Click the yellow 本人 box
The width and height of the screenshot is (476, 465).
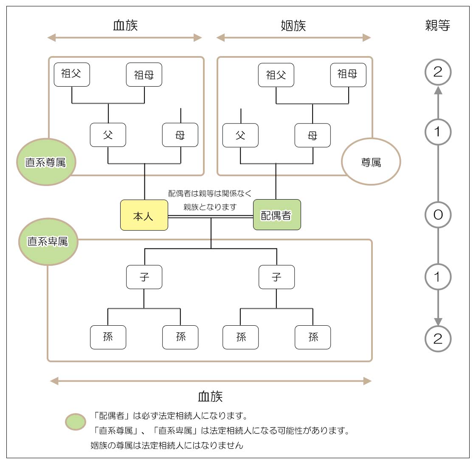(144, 215)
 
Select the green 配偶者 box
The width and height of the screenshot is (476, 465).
(277, 215)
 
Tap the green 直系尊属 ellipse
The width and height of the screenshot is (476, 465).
(46, 162)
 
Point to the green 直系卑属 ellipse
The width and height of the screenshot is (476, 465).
(48, 242)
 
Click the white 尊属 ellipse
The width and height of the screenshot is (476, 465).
(371, 162)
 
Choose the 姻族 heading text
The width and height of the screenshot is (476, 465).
(293, 25)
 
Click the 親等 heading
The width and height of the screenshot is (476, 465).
(437, 25)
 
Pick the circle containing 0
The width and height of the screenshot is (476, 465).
(438, 214)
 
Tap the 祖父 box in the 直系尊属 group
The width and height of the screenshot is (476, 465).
(72, 74)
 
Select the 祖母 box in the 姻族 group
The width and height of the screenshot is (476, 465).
(348, 75)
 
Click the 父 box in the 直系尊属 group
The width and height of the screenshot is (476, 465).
(108, 135)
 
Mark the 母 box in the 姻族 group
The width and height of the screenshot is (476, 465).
(313, 135)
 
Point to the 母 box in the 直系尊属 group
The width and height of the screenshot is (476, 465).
(180, 135)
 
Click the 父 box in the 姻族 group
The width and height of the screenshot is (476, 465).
(240, 135)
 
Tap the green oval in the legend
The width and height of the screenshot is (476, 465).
(76, 422)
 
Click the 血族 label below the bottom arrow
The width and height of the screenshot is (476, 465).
(210, 397)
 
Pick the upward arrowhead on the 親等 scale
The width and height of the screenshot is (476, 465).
(438, 90)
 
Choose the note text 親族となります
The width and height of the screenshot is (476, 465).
(210, 207)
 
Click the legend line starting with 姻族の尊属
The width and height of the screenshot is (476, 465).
(167, 445)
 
